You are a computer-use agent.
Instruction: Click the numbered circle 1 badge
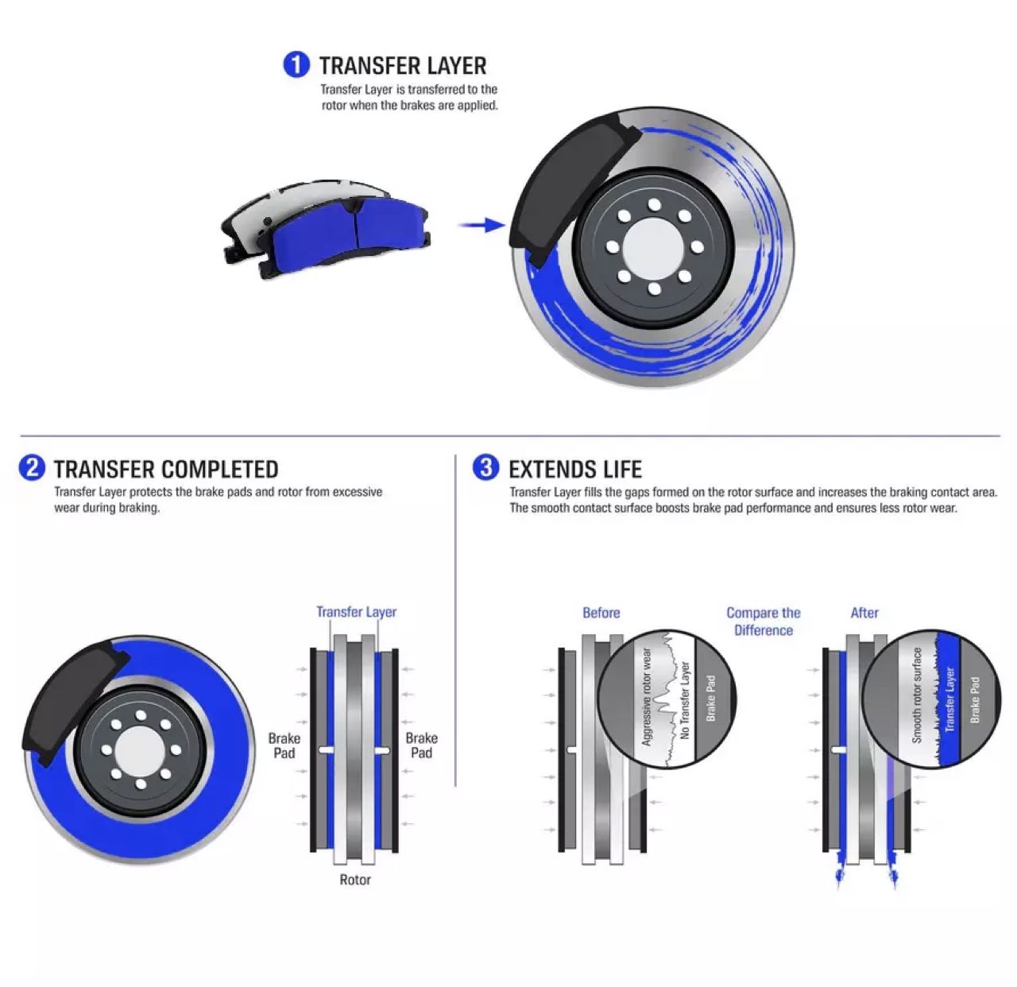(296, 64)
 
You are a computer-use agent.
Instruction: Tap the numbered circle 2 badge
(32, 467)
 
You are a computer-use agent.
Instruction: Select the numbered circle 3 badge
(485, 467)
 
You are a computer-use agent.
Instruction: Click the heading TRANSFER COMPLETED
(166, 469)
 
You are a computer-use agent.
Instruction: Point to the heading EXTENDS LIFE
(575, 469)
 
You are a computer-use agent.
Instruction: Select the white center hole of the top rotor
(654, 246)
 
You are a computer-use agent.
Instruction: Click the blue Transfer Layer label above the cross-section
(356, 612)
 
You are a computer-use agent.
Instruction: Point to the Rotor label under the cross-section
(354, 880)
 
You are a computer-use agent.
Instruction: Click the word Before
(601, 613)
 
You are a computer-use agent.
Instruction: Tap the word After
(864, 613)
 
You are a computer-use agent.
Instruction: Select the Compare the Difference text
(763, 621)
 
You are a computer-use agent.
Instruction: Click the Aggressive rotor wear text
(647, 697)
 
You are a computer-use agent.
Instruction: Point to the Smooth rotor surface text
(916, 696)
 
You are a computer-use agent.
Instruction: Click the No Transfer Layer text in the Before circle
(685, 700)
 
